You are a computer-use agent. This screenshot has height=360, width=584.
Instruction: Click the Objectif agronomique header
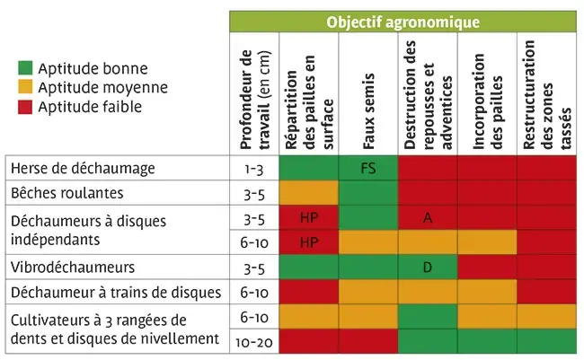tap(403, 22)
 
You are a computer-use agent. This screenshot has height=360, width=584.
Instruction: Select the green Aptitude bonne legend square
tap(26, 69)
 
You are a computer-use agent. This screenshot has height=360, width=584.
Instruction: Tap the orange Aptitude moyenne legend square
tap(26, 88)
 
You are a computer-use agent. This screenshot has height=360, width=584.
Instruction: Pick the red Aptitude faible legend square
tap(26, 107)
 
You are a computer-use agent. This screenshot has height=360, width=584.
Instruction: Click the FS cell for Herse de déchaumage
tap(368, 168)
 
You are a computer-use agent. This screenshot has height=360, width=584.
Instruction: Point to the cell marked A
tap(428, 218)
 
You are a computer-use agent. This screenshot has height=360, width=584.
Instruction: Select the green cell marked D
tap(428, 268)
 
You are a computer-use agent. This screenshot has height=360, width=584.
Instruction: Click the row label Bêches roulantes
tap(66, 193)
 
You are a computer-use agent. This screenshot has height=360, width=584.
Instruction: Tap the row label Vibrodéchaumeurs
tap(72, 268)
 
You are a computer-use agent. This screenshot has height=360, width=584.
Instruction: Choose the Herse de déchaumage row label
tap(83, 168)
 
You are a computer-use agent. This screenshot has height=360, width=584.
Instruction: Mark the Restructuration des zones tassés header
tap(546, 99)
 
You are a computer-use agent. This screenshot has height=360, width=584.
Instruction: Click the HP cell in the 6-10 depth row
tap(309, 242)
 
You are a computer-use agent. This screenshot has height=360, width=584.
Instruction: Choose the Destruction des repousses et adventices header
tap(428, 99)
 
